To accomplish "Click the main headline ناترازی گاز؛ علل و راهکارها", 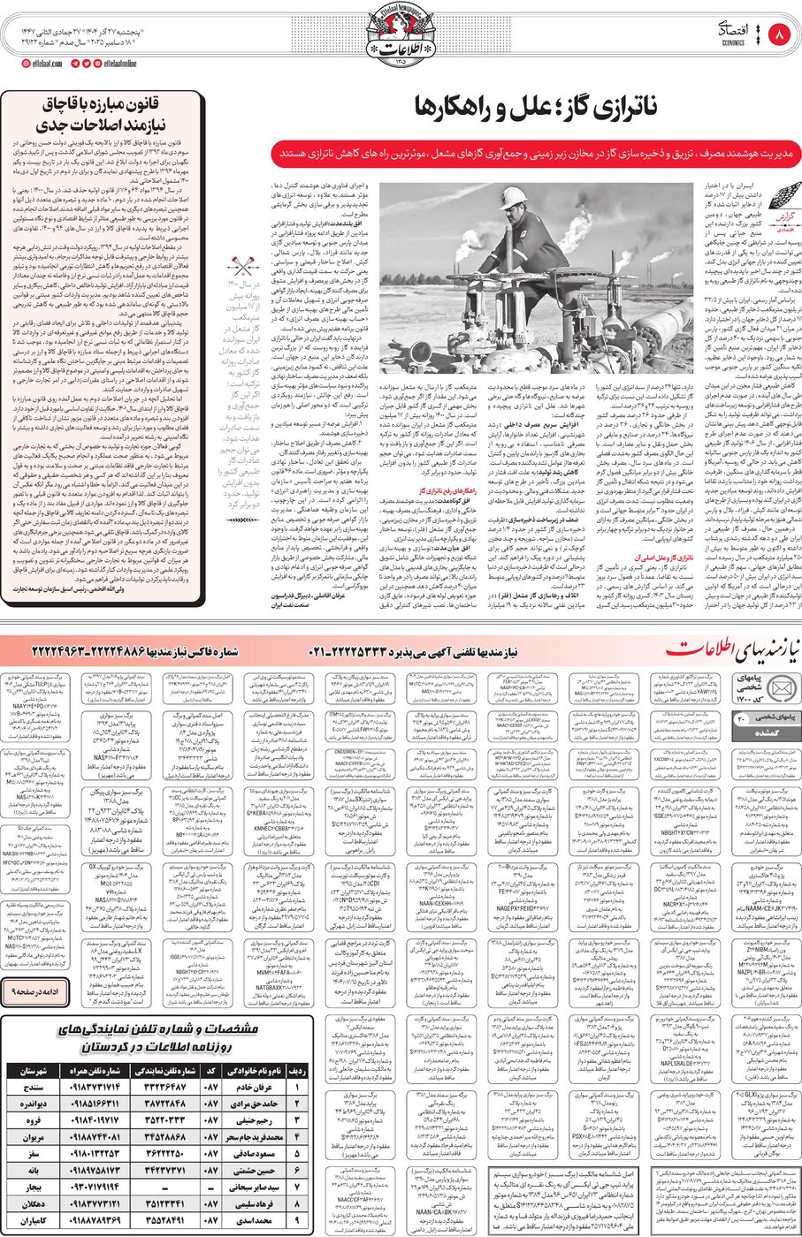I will [535, 108].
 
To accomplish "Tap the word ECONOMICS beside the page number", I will [734, 42].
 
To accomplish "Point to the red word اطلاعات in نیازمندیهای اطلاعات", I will [700, 649].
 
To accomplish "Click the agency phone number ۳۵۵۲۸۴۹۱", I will [164, 1220].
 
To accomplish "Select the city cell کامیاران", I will [34, 1220].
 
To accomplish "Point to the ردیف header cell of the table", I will [297, 1070].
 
